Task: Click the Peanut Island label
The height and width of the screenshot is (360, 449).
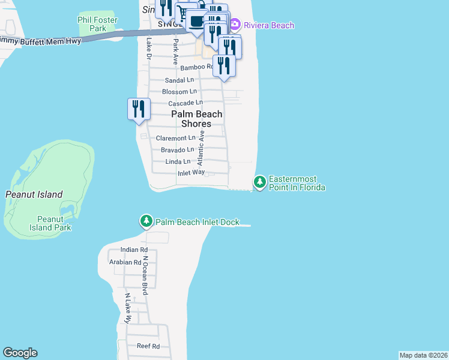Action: tap(34, 194)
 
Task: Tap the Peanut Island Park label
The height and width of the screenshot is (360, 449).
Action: tap(54, 223)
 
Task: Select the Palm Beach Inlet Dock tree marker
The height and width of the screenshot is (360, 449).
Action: tap(146, 221)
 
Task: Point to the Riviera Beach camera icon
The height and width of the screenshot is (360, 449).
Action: tap(235, 25)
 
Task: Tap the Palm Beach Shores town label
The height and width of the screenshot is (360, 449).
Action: tap(197, 119)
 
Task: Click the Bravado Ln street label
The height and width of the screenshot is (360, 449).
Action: tap(178, 149)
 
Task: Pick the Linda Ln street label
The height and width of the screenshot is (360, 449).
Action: tap(178, 161)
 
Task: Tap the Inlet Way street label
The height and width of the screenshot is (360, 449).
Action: tap(191, 173)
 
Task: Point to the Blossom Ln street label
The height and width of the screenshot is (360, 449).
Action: tap(179, 92)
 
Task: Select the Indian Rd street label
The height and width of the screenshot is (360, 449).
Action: tap(134, 250)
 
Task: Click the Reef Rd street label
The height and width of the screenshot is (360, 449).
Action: tap(148, 346)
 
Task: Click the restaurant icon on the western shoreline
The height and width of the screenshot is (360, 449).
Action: tap(139, 109)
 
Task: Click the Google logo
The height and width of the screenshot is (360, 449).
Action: tap(20, 353)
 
